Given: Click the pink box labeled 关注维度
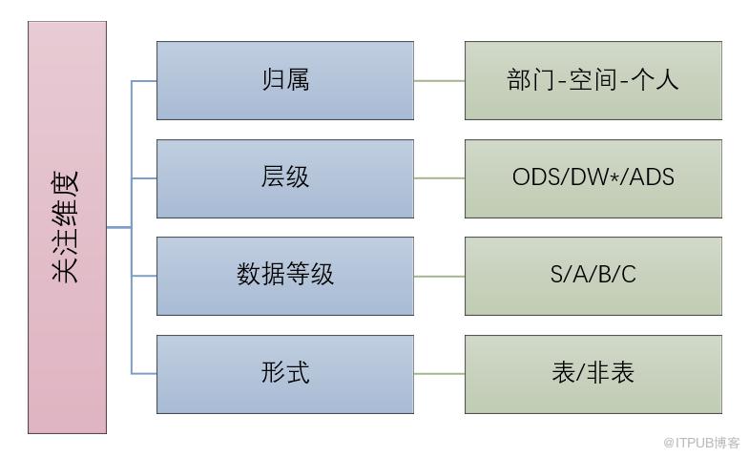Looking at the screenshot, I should point(67,227).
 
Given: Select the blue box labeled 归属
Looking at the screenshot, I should point(284,80).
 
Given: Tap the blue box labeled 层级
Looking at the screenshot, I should point(284,178).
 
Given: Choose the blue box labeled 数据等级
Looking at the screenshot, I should point(284,276).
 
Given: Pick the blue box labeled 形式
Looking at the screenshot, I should point(284,373).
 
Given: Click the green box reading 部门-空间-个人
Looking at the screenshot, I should point(593,80).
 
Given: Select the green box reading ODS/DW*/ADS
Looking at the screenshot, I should point(593,178).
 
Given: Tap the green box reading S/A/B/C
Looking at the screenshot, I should point(593,276).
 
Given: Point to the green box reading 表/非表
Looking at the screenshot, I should point(593,373).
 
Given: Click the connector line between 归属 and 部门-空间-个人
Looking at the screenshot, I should point(439,81).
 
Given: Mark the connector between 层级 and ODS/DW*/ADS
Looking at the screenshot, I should point(439,178).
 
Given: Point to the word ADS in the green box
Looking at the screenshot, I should point(653,177).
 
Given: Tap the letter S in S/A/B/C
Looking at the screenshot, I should point(557,276).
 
